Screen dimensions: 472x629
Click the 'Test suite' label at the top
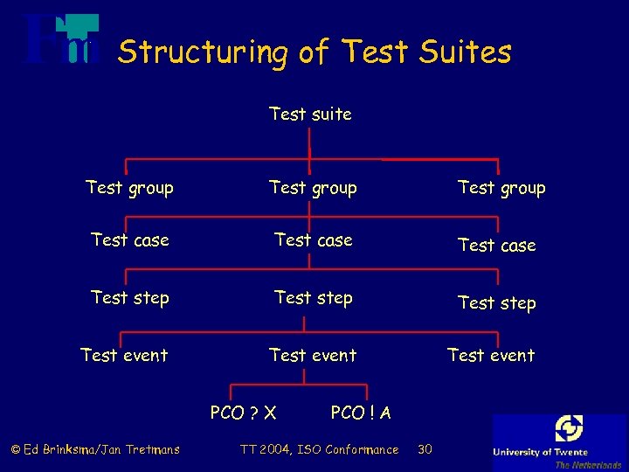coord(310,114)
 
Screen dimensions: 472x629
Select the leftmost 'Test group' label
coord(129,188)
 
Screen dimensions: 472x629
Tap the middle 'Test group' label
coord(313,188)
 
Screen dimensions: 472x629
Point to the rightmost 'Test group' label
coord(501,188)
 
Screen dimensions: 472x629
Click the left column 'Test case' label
coord(130,239)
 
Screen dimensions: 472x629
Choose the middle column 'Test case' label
coord(314,239)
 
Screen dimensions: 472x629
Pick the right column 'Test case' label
coord(497,246)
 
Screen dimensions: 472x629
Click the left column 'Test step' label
coord(130,298)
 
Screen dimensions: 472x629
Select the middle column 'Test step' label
coord(314,298)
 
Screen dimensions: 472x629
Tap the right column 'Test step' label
coord(497,303)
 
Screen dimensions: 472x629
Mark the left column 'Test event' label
coord(124,355)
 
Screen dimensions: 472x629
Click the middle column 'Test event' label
coord(313,355)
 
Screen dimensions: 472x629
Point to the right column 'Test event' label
coord(491,355)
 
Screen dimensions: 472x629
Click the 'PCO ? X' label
coord(244,413)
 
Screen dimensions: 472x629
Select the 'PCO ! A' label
coord(361,413)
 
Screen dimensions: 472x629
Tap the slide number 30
coord(425,449)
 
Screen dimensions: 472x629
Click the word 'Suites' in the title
coord(464,52)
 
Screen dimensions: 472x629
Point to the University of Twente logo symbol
coord(569,429)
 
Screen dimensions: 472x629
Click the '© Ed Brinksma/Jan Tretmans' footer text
coord(94,449)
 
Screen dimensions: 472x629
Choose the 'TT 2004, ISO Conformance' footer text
coord(318,449)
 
